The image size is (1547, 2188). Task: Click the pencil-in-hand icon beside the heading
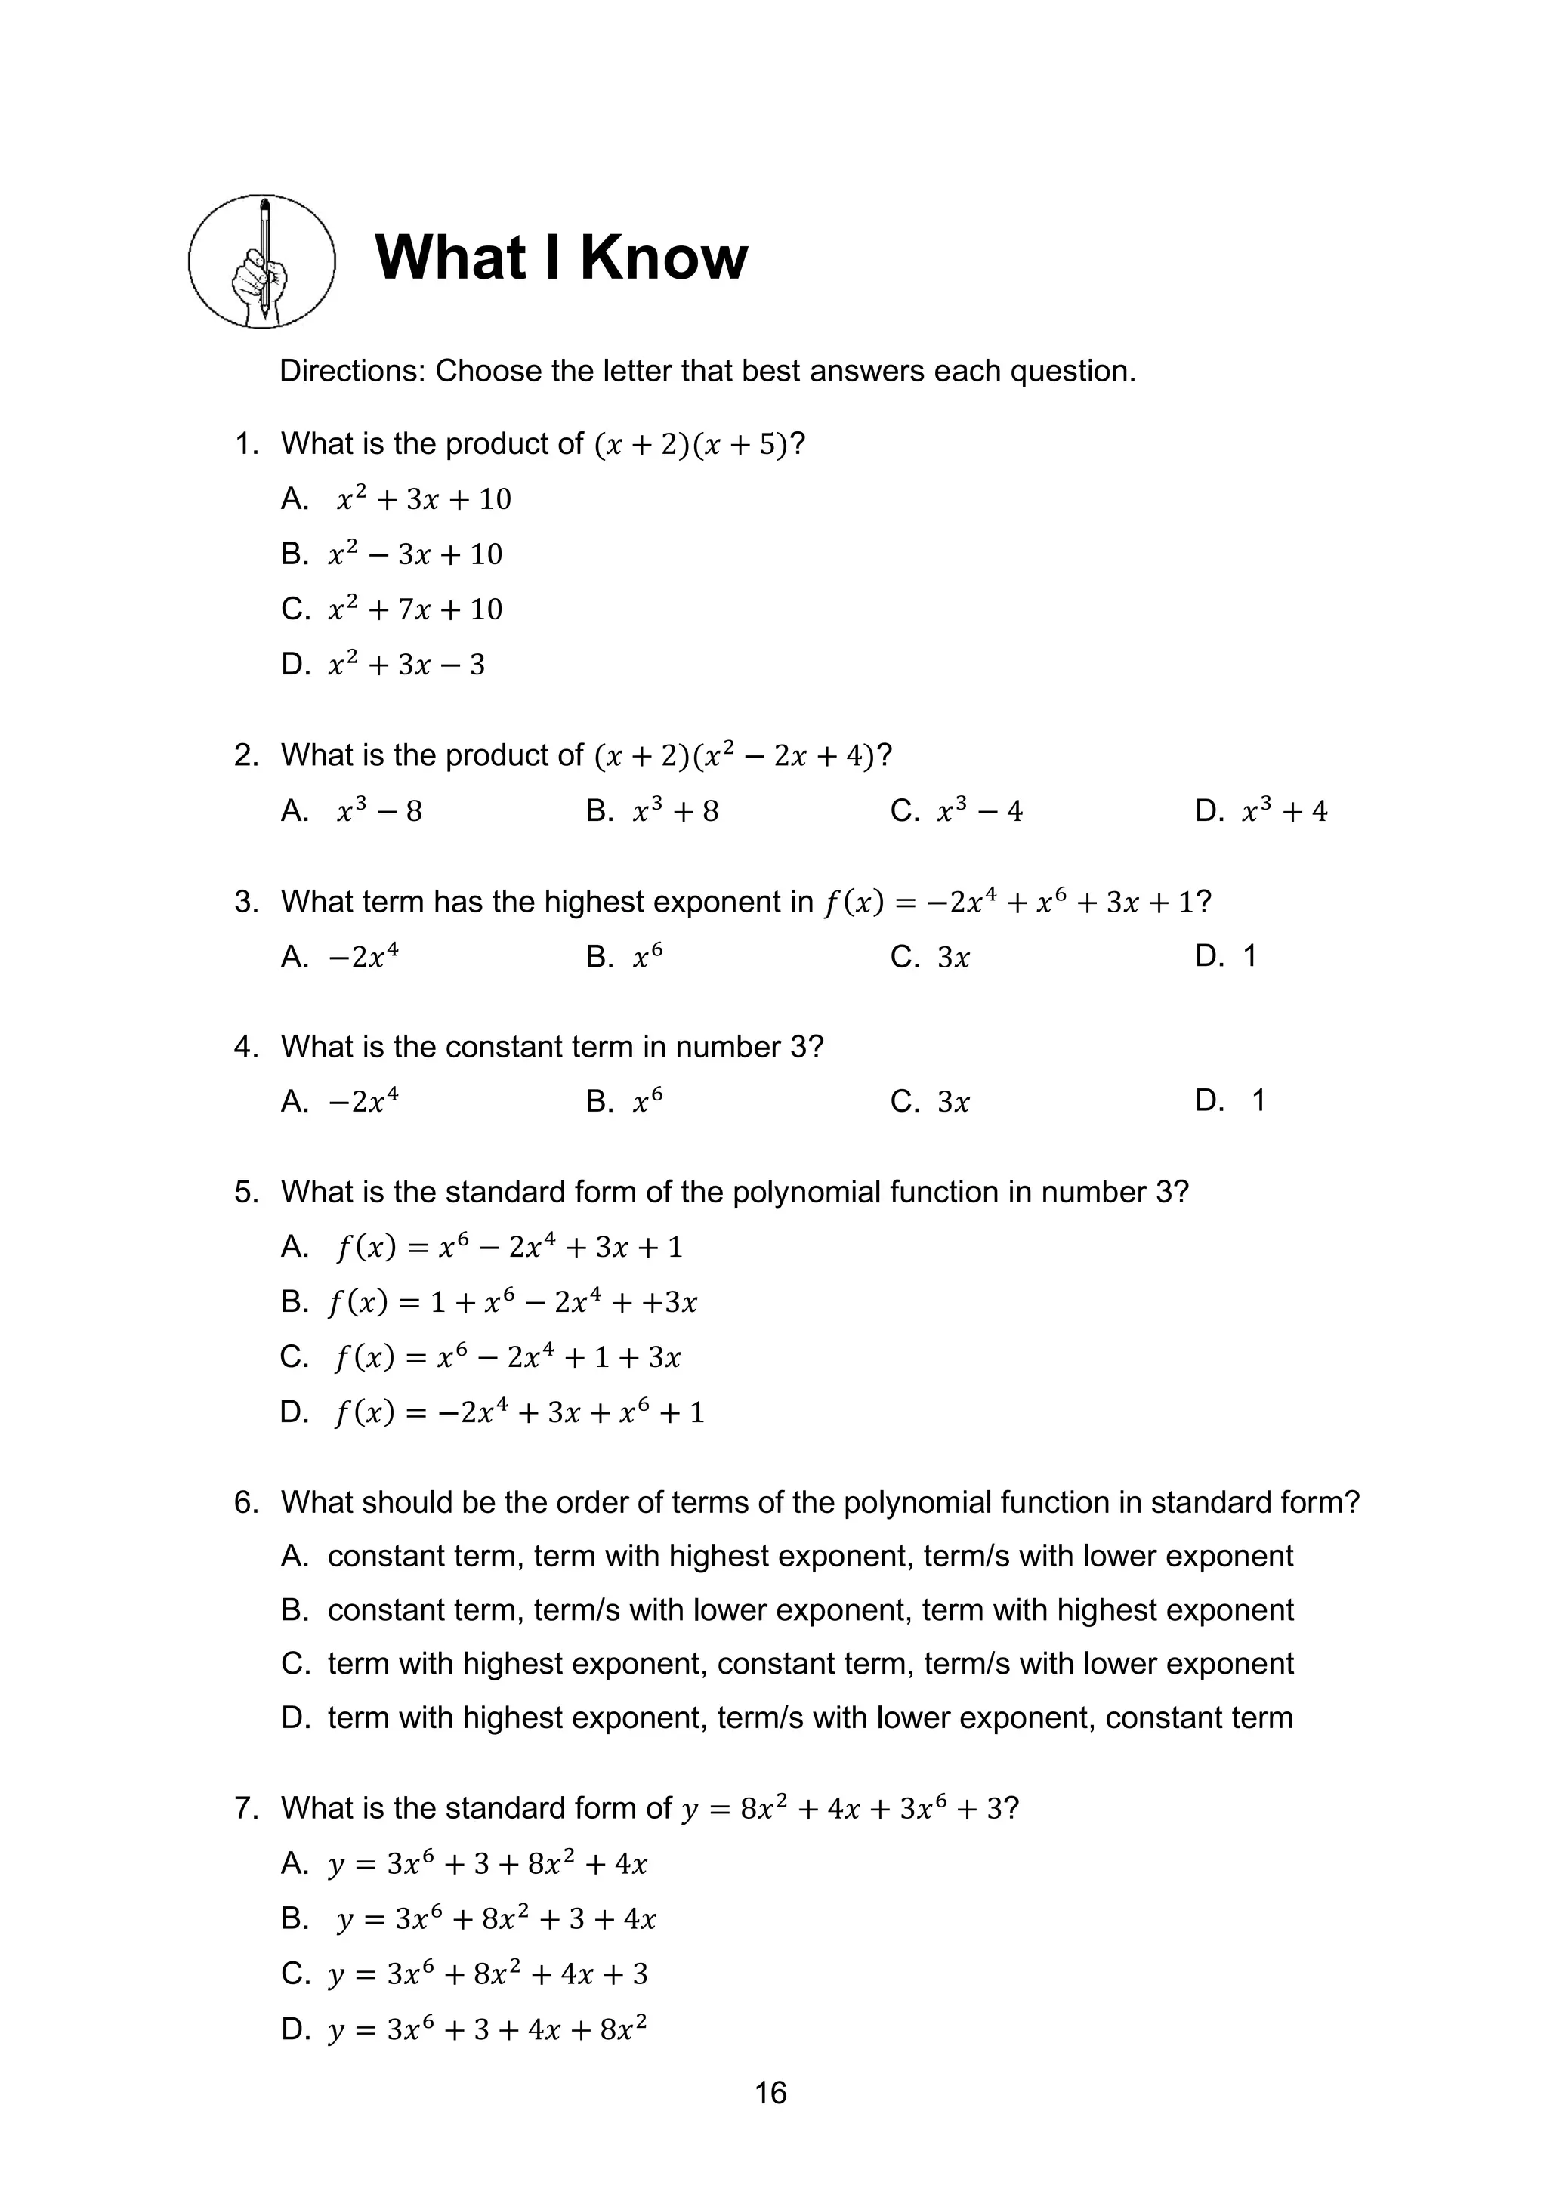[262, 261]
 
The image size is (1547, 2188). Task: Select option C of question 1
[392, 609]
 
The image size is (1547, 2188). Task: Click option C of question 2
[956, 811]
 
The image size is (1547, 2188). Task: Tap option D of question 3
[1227, 956]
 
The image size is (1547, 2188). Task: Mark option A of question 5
[483, 1248]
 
